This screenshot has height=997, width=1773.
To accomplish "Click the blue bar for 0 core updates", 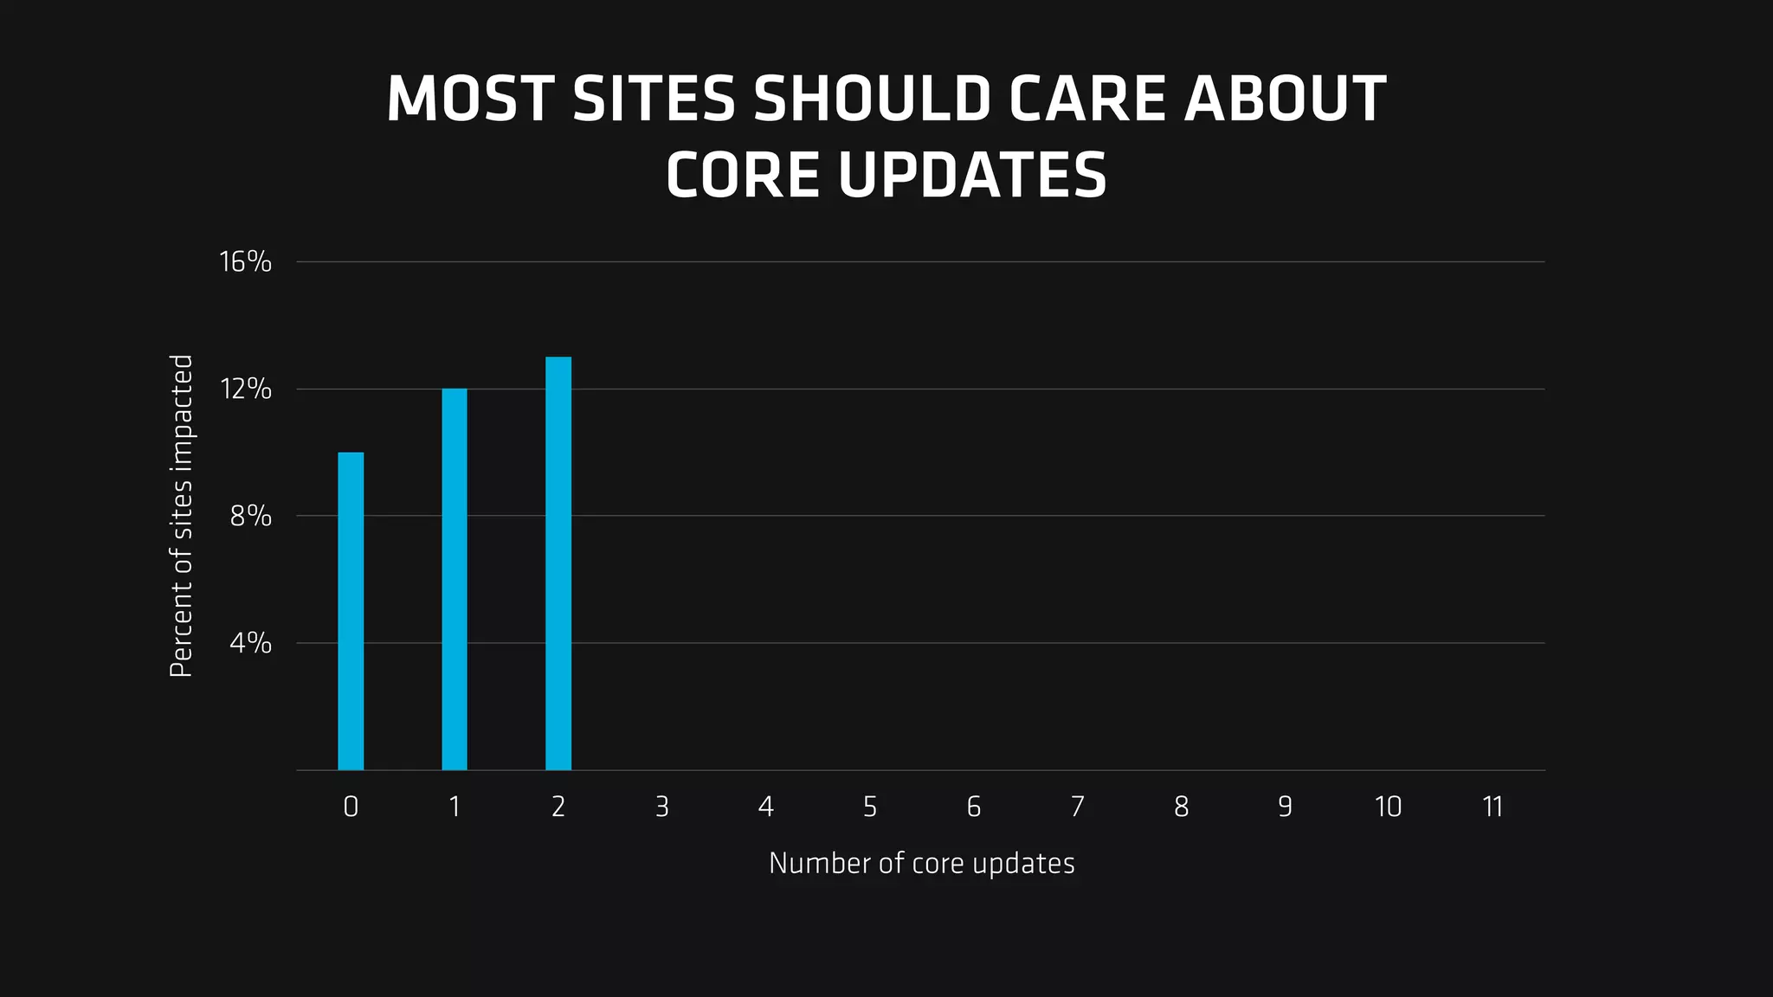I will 351,611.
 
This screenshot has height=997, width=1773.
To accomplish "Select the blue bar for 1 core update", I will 455,579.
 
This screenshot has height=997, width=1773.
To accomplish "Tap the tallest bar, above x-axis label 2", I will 558,563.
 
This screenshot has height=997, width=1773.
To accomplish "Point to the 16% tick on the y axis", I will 246,261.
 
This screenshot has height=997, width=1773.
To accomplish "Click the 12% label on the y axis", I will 246,389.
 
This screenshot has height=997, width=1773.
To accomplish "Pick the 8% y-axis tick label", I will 250,517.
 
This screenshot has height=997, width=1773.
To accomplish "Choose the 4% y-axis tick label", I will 250,643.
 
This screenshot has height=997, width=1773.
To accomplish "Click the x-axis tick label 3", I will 662,807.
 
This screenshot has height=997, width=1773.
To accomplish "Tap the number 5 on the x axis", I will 870,807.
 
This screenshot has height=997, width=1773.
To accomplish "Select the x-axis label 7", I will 1077,807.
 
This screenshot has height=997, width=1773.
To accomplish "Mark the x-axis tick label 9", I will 1285,807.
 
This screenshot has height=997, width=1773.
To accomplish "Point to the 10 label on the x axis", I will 1388,807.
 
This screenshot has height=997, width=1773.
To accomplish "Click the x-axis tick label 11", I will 1493,807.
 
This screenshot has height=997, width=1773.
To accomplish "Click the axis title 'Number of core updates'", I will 921,864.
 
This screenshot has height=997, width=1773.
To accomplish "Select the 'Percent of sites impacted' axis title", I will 181,516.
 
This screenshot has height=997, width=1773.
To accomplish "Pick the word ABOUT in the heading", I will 1285,99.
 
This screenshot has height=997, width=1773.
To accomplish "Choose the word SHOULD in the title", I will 872,99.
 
